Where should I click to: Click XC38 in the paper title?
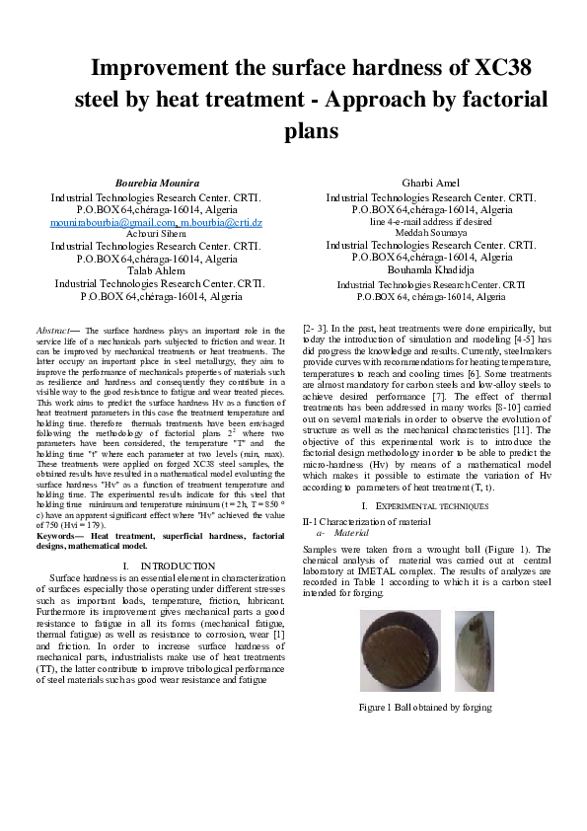[x=503, y=68]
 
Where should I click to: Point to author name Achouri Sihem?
[x=156, y=233]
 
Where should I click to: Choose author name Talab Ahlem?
[x=156, y=269]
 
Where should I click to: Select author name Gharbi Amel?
[x=431, y=184]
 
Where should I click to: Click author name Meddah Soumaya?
[x=431, y=233]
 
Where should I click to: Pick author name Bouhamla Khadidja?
[x=431, y=269]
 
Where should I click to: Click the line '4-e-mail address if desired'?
[x=431, y=222]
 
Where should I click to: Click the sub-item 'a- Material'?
[x=336, y=531]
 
